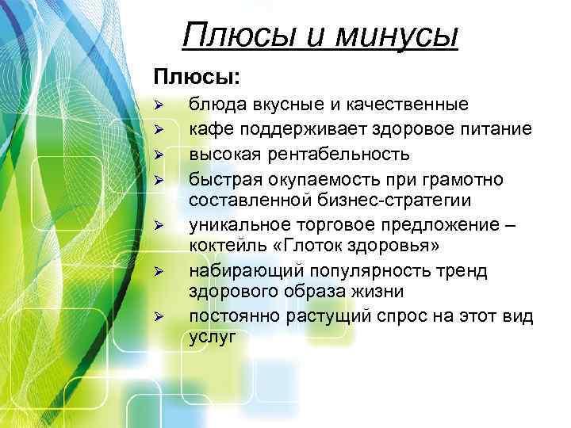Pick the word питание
click(x=493, y=128)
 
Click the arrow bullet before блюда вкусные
click(x=159, y=105)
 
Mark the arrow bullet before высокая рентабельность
click(x=159, y=153)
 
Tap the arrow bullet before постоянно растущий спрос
click(x=159, y=317)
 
